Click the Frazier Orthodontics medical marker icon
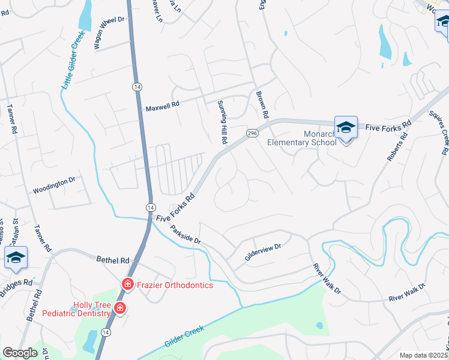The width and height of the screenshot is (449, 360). [127, 284]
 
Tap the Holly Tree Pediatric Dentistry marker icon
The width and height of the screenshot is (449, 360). [120, 308]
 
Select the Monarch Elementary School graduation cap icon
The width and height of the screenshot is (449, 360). [346, 127]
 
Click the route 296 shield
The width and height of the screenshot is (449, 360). [252, 133]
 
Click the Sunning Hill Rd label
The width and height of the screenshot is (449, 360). [222, 122]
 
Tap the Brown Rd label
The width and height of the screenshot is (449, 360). [262, 104]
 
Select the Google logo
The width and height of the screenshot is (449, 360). [20, 353]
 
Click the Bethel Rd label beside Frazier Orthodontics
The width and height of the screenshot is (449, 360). [113, 261]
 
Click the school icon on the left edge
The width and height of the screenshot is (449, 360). [16, 258]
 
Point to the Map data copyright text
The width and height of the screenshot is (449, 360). [424, 355]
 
